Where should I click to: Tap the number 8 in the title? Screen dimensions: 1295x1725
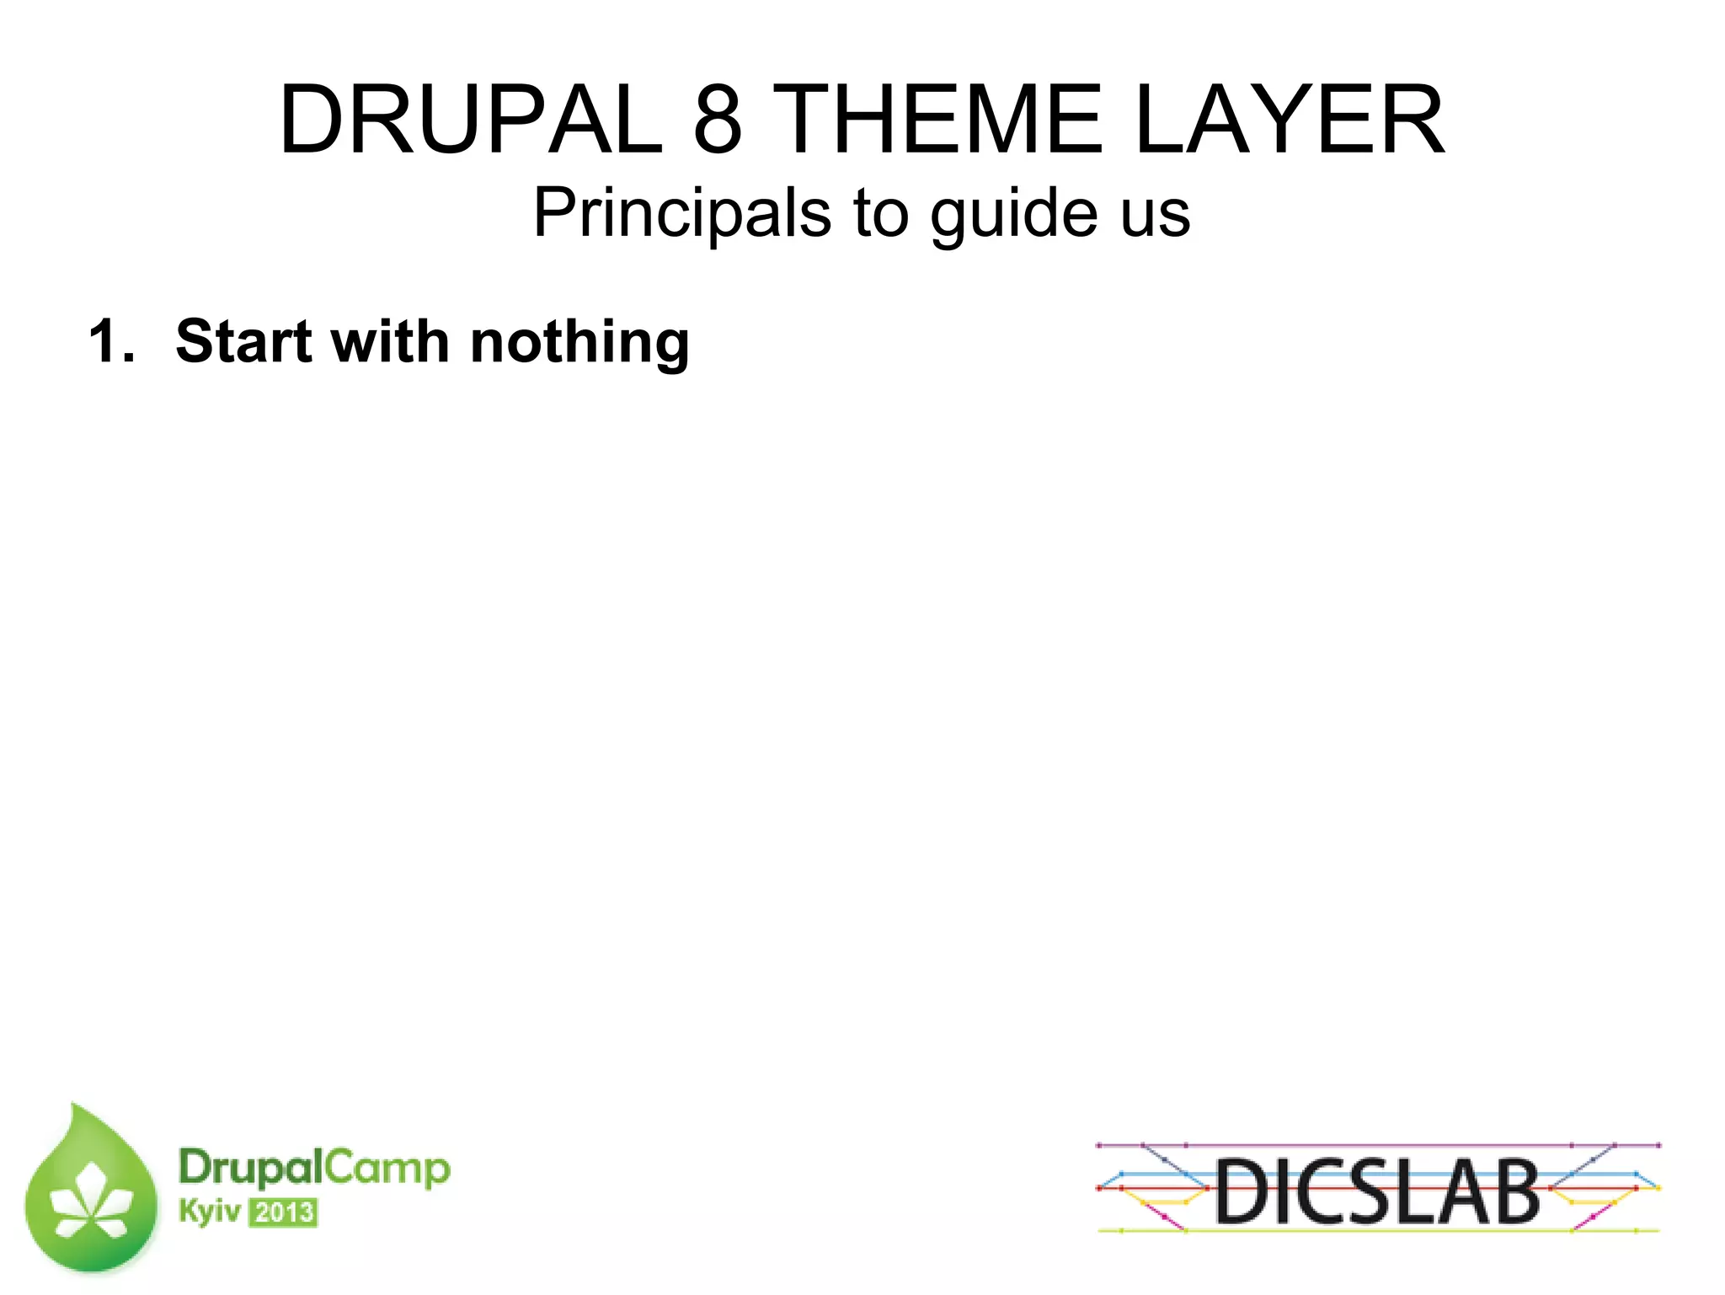click(718, 120)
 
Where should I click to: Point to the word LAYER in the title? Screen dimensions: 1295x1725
click(1290, 120)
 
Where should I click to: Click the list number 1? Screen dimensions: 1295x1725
click(110, 342)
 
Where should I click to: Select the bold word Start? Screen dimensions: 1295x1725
click(244, 342)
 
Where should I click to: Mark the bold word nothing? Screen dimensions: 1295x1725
click(579, 342)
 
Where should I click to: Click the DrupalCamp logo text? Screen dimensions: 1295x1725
click(314, 1169)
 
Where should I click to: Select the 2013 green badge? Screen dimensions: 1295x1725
click(283, 1212)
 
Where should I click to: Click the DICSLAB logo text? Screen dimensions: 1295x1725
click(1377, 1191)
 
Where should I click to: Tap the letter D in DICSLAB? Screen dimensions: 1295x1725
click(1242, 1191)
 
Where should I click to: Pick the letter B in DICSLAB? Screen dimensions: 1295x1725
click(1511, 1191)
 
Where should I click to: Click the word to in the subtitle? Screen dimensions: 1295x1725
click(881, 213)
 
